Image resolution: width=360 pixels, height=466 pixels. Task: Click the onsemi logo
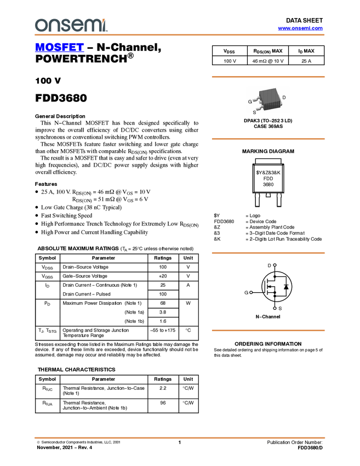tap(70, 25)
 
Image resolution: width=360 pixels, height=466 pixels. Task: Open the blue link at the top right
tap(300, 29)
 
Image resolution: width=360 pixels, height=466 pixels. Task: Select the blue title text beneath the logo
tap(59, 48)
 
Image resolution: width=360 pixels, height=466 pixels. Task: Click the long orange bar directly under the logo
tap(180, 35)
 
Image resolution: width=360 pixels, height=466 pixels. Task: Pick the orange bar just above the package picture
tap(268, 77)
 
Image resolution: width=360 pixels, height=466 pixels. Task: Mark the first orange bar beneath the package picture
tap(268, 139)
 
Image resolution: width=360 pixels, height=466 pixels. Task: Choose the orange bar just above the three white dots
tap(268, 253)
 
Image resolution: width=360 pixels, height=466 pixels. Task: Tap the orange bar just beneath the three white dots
tap(268, 330)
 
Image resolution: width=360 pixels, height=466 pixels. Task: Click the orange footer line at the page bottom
tap(180, 437)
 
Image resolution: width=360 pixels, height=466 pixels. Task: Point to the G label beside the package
tap(250, 101)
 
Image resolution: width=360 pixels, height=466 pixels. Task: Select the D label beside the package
tap(284, 97)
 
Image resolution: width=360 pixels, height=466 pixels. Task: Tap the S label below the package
tap(254, 112)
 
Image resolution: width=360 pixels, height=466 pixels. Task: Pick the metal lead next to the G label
tap(256, 100)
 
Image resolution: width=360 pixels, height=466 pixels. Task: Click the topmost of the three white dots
tap(275, 265)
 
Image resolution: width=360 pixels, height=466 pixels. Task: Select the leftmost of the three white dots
tap(250, 293)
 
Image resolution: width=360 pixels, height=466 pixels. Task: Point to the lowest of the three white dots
tap(275, 308)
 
